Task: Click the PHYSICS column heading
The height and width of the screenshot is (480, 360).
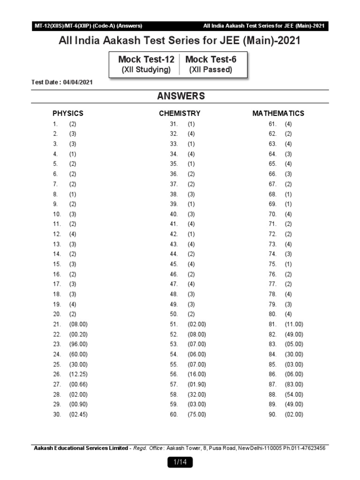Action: coord(68,113)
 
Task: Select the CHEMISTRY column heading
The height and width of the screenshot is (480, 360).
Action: coord(180,113)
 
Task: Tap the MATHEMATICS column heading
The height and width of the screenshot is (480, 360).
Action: coord(278,113)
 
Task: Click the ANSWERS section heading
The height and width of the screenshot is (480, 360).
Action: coord(181,96)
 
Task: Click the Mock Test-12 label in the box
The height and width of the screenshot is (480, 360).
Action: coord(146,60)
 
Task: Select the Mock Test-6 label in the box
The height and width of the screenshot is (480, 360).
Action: coord(210,60)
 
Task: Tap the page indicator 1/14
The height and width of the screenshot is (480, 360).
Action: coord(180,462)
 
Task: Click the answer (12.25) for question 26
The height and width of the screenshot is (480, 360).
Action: coord(78,374)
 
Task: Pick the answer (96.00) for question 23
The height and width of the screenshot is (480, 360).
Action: coord(78,344)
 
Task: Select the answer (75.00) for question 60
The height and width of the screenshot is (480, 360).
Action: coord(197,414)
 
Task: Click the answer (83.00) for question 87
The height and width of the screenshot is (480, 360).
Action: coord(294,384)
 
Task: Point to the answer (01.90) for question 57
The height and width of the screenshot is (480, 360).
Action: coord(197,384)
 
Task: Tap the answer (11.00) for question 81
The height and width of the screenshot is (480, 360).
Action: coord(294,324)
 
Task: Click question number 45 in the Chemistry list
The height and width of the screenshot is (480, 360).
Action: coord(174,264)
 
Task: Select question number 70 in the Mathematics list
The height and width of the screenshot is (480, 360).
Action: coord(273,214)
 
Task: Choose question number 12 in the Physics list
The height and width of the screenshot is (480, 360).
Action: coord(57,234)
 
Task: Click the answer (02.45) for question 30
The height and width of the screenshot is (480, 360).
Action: coord(78,414)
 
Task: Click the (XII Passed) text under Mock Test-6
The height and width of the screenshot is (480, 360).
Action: coord(210,70)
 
